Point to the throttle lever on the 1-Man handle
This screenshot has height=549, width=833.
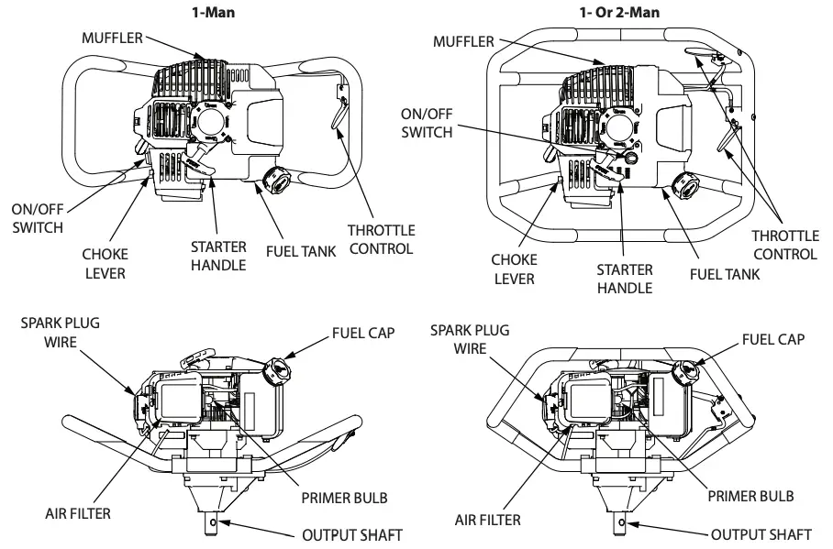click(x=339, y=117)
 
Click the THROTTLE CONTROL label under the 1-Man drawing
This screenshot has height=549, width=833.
click(x=381, y=239)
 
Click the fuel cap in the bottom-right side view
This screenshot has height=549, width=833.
click(x=685, y=370)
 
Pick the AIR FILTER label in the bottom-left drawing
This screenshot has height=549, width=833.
click(x=79, y=514)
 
